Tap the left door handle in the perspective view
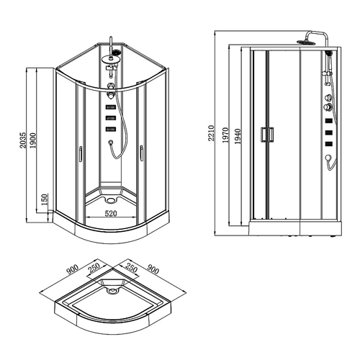click(x=81, y=153)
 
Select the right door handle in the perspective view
click(x=142, y=153)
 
